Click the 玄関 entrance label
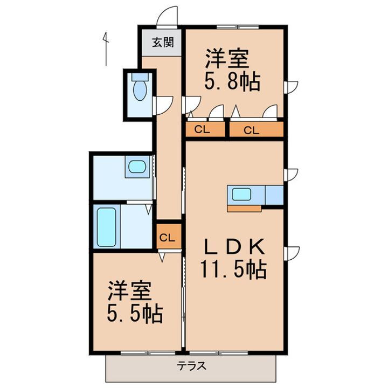click(162, 43)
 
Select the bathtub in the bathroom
click(106, 226)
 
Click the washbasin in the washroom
click(137, 167)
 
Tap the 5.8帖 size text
click(232, 82)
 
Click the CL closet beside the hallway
click(168, 237)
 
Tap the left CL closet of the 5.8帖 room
click(202, 129)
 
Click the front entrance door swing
click(168, 16)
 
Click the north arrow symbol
click(106, 48)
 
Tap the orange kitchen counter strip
click(245, 207)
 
